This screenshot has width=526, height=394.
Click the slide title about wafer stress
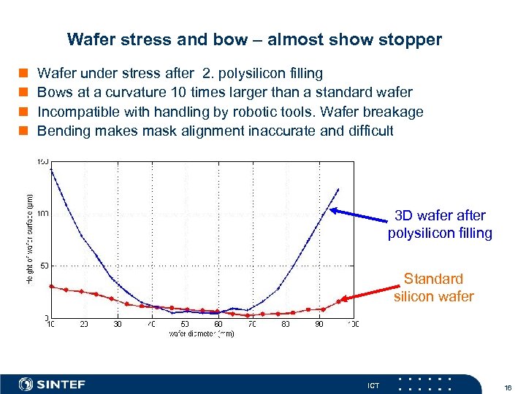[x=254, y=39]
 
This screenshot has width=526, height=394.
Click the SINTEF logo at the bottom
[x=52, y=384]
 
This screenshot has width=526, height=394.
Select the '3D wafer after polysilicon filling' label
[x=440, y=225]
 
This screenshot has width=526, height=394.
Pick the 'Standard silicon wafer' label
[x=433, y=287]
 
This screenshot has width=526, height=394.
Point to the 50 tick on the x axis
[x=185, y=324]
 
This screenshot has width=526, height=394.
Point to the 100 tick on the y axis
[x=42, y=213]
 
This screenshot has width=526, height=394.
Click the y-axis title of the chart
[x=30, y=238]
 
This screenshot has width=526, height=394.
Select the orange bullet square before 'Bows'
[x=23, y=93]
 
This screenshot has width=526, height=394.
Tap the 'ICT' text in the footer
[x=373, y=385]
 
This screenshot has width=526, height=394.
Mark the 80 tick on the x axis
[x=286, y=324]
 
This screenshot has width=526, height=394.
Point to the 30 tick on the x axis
[x=118, y=324]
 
